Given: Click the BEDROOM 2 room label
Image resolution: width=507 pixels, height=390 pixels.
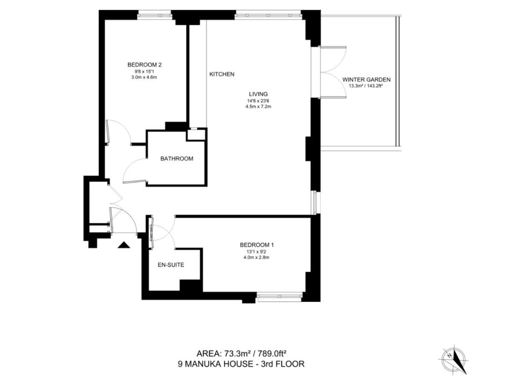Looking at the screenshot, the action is (144, 65).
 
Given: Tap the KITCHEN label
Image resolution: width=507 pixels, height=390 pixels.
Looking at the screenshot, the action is (222, 74).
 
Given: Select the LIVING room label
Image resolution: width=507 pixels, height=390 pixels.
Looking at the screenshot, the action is (258, 94).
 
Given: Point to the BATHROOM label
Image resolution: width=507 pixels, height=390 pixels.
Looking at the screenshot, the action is (177, 159).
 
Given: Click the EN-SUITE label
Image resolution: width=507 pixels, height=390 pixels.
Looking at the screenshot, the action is (171, 265).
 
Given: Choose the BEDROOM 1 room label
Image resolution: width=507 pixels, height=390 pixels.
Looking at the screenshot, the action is (257, 245).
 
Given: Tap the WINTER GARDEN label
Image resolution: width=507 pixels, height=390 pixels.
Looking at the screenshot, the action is (367, 80).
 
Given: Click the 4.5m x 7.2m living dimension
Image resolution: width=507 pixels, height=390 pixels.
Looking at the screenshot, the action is (258, 106).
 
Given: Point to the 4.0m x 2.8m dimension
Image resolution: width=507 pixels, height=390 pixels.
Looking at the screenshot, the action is (257, 257).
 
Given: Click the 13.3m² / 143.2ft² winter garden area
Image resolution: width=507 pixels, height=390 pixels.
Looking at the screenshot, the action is (366, 86).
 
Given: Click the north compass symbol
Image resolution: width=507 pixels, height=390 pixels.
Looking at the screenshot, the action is (454, 360).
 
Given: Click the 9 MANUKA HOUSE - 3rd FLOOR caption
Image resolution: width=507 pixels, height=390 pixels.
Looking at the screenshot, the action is (241, 364).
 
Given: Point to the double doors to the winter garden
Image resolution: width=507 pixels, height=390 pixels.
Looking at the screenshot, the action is (333, 72).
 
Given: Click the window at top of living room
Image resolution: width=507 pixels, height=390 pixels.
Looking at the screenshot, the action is (268, 15).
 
